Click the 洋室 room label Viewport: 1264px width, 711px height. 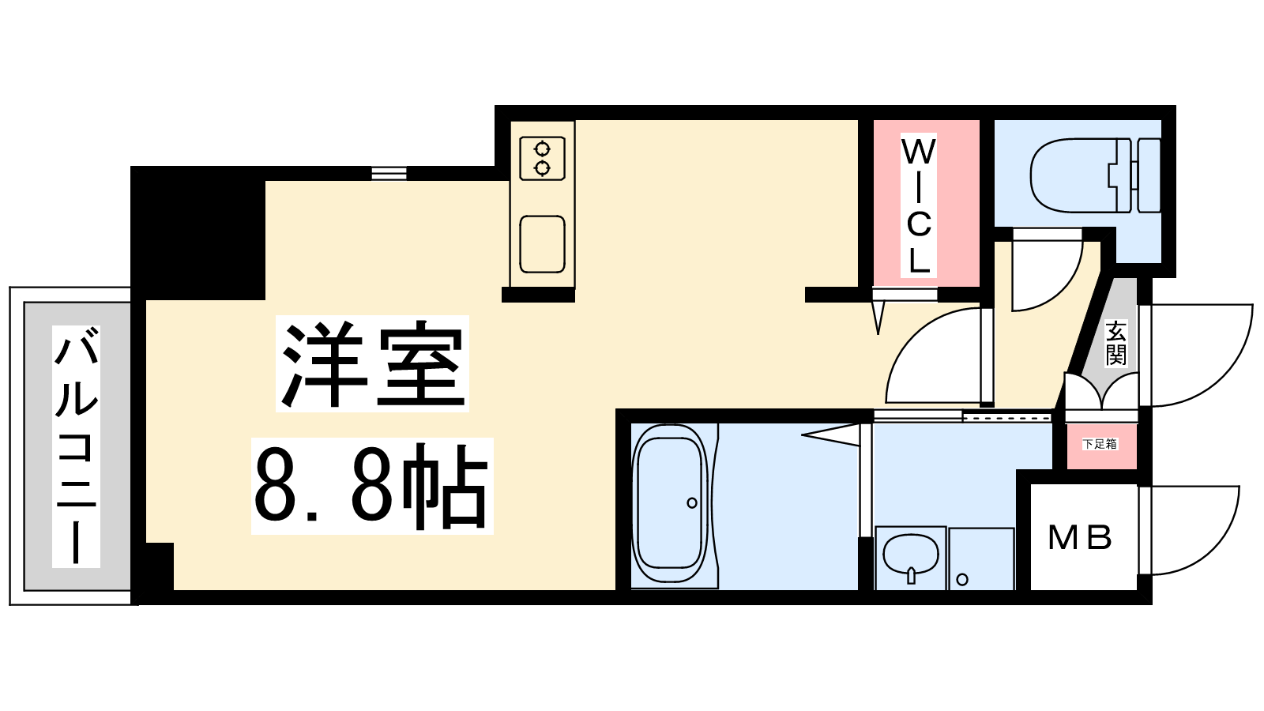tap(372, 364)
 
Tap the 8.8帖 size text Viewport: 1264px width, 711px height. tap(371, 487)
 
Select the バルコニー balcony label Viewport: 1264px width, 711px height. tap(76, 446)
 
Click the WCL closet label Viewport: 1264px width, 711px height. tap(918, 206)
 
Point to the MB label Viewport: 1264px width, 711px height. tap(1080, 537)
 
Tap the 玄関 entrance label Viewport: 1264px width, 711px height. tap(1115, 343)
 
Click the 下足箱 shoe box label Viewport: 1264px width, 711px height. tap(1100, 444)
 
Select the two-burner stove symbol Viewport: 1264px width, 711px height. tap(542, 159)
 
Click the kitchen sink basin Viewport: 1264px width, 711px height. tap(542, 244)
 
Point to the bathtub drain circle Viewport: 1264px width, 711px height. tap(692, 502)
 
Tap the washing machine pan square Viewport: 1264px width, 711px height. tap(982, 559)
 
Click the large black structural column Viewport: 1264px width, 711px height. tap(197, 233)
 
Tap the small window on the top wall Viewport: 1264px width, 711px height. tap(389, 173)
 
